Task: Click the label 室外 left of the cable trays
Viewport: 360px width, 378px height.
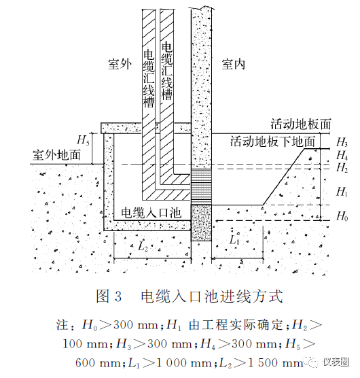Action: point(120,65)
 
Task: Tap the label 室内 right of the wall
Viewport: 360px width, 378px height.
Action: point(234,65)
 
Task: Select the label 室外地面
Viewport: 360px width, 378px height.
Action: point(56,154)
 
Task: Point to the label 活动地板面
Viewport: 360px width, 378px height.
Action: point(301,124)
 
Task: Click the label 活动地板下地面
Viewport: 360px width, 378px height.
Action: point(273,141)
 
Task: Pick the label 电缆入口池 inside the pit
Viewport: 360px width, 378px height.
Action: point(151,213)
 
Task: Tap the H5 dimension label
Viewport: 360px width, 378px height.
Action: point(83,140)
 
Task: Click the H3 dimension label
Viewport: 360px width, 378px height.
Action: point(342,142)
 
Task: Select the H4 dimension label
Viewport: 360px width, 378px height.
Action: point(342,155)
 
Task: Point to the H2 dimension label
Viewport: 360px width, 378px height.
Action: point(342,167)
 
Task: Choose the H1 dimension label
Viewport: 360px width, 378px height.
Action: point(342,192)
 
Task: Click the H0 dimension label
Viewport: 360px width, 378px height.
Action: point(342,216)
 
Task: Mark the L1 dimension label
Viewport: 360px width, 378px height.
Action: point(234,240)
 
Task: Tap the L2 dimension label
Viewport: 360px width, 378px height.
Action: point(143,246)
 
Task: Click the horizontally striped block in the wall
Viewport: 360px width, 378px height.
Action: point(201,186)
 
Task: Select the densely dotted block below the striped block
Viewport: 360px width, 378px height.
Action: point(201,223)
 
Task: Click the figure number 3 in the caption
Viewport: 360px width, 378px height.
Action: point(118,296)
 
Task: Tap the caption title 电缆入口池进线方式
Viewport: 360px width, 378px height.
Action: point(212,296)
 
